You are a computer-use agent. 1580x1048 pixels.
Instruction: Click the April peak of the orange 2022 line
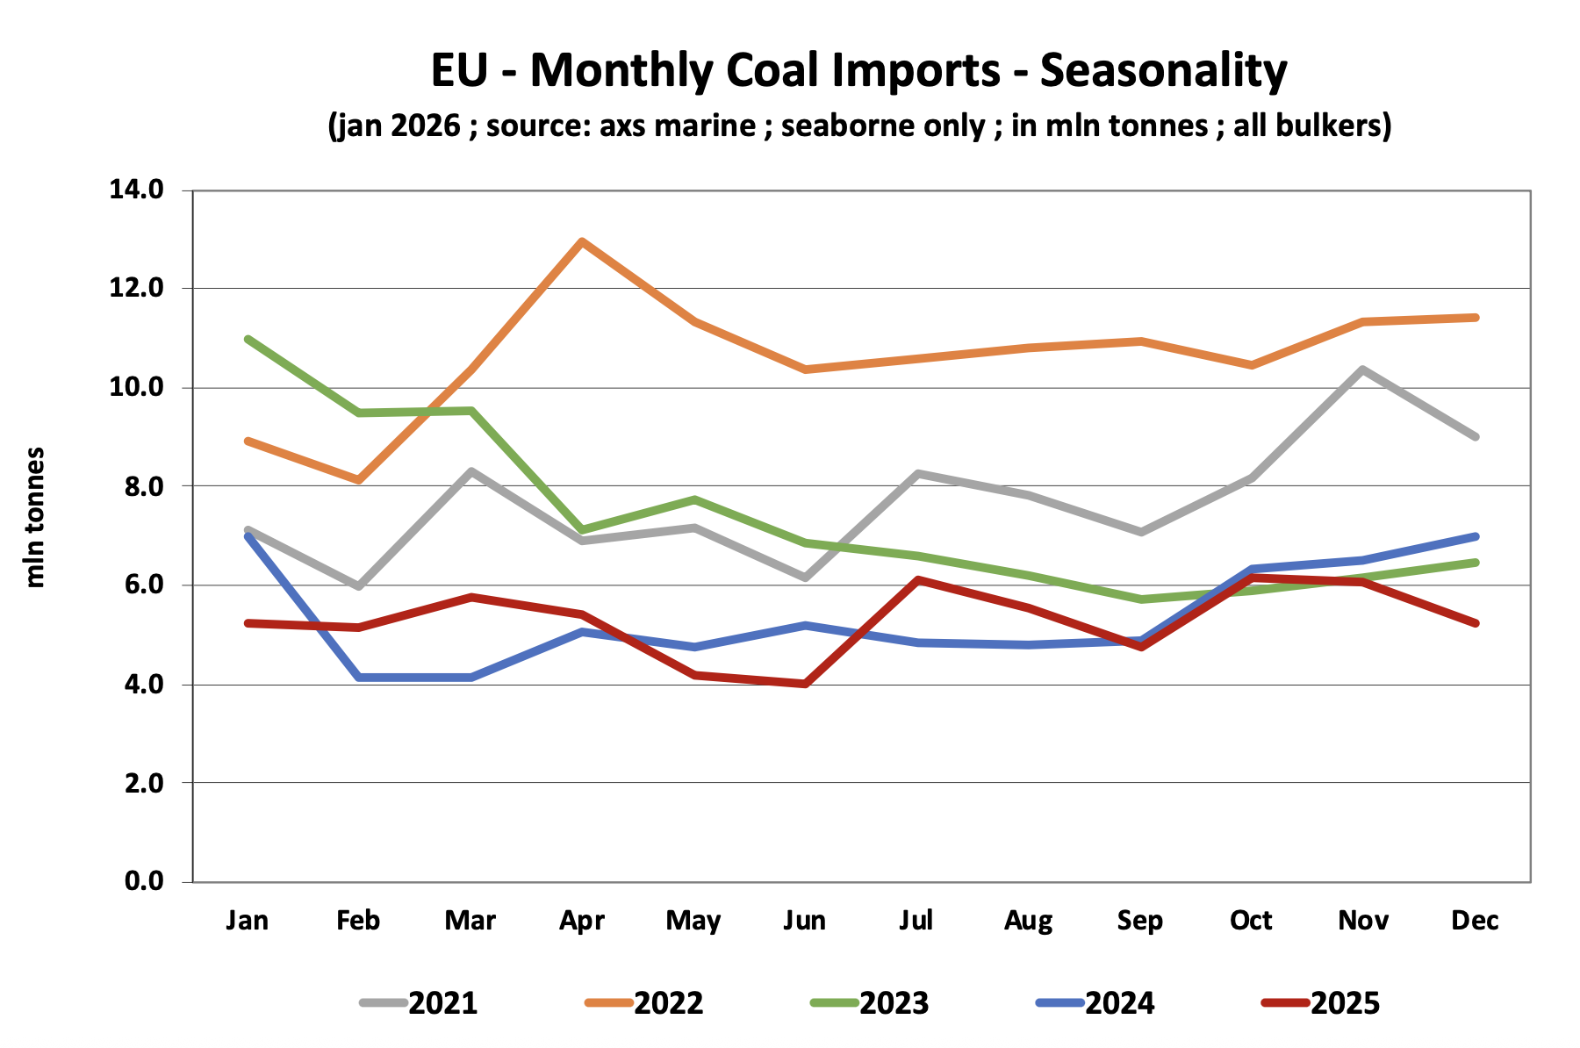pyautogui.click(x=582, y=240)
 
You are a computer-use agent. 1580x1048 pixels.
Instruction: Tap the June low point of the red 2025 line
pyautogui.click(x=805, y=683)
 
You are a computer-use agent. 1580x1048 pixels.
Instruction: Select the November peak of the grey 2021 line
pyautogui.click(x=1362, y=370)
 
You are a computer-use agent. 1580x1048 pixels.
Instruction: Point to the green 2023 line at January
pyautogui.click(x=248, y=339)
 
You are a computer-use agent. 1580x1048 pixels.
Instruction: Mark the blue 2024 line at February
pyautogui.click(x=359, y=677)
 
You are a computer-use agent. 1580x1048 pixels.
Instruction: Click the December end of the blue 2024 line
pyautogui.click(x=1475, y=536)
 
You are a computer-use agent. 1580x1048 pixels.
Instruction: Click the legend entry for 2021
pyautogui.click(x=421, y=1002)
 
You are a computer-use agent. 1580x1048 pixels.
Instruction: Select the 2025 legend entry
pyautogui.click(x=1323, y=1002)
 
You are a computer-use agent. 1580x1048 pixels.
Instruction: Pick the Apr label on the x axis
pyautogui.click(x=582, y=920)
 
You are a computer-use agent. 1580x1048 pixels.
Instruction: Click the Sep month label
pyautogui.click(x=1139, y=920)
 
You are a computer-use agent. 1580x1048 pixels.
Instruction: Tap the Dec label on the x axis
pyautogui.click(x=1475, y=920)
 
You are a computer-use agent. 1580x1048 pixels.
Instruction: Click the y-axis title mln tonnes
pyautogui.click(x=35, y=518)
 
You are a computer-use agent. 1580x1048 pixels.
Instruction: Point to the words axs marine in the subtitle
pyautogui.click(x=677, y=126)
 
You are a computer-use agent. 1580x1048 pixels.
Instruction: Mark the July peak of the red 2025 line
pyautogui.click(x=916, y=579)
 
